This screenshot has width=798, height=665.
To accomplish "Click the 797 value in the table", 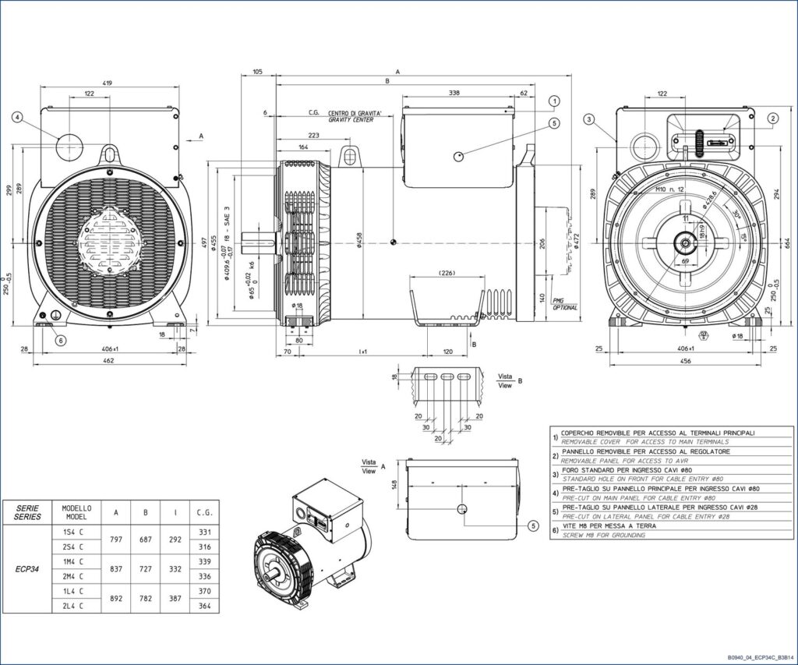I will [x=116, y=539].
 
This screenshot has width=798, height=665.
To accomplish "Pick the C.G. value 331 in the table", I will [x=205, y=532].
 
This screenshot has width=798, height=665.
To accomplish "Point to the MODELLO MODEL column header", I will [x=76, y=512].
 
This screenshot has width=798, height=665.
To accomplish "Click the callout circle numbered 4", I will [x=17, y=118].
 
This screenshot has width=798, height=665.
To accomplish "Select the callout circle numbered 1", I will [x=554, y=101].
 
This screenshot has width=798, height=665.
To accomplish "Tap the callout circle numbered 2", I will [x=772, y=118].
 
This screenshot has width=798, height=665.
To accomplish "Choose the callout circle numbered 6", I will [x=61, y=340].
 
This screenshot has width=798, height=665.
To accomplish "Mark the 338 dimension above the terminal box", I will [x=454, y=93].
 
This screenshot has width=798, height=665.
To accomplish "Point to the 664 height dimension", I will [x=788, y=244].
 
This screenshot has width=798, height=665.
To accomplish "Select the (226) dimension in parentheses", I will [x=447, y=273].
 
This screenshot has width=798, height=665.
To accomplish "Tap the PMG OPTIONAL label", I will [x=564, y=304].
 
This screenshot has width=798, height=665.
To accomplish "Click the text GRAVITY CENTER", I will [x=350, y=120].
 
